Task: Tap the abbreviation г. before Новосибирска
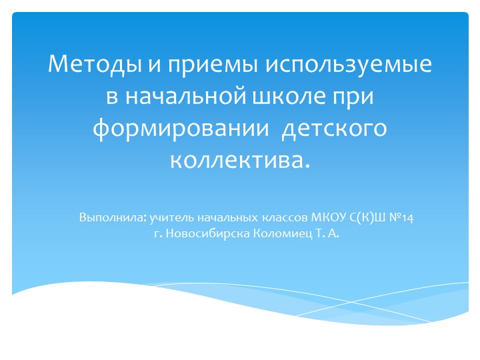(157, 234)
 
